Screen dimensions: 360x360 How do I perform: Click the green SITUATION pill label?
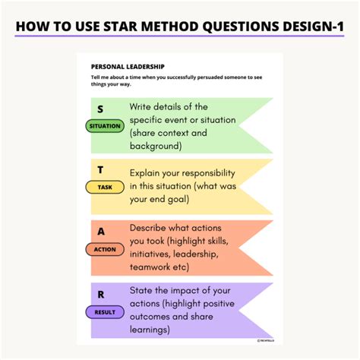(105, 127)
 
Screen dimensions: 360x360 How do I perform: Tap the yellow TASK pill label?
(105, 187)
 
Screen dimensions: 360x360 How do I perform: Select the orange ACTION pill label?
(105, 249)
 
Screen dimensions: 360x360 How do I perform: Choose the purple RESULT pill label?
(105, 311)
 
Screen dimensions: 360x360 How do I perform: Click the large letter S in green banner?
(100, 109)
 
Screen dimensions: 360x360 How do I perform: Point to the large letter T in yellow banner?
(100, 169)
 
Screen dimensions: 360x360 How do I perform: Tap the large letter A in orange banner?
(100, 232)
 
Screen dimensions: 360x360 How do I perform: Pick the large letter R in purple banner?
(100, 294)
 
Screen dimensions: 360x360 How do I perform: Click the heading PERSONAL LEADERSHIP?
(128, 67)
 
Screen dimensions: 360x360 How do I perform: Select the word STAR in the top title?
(131, 27)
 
